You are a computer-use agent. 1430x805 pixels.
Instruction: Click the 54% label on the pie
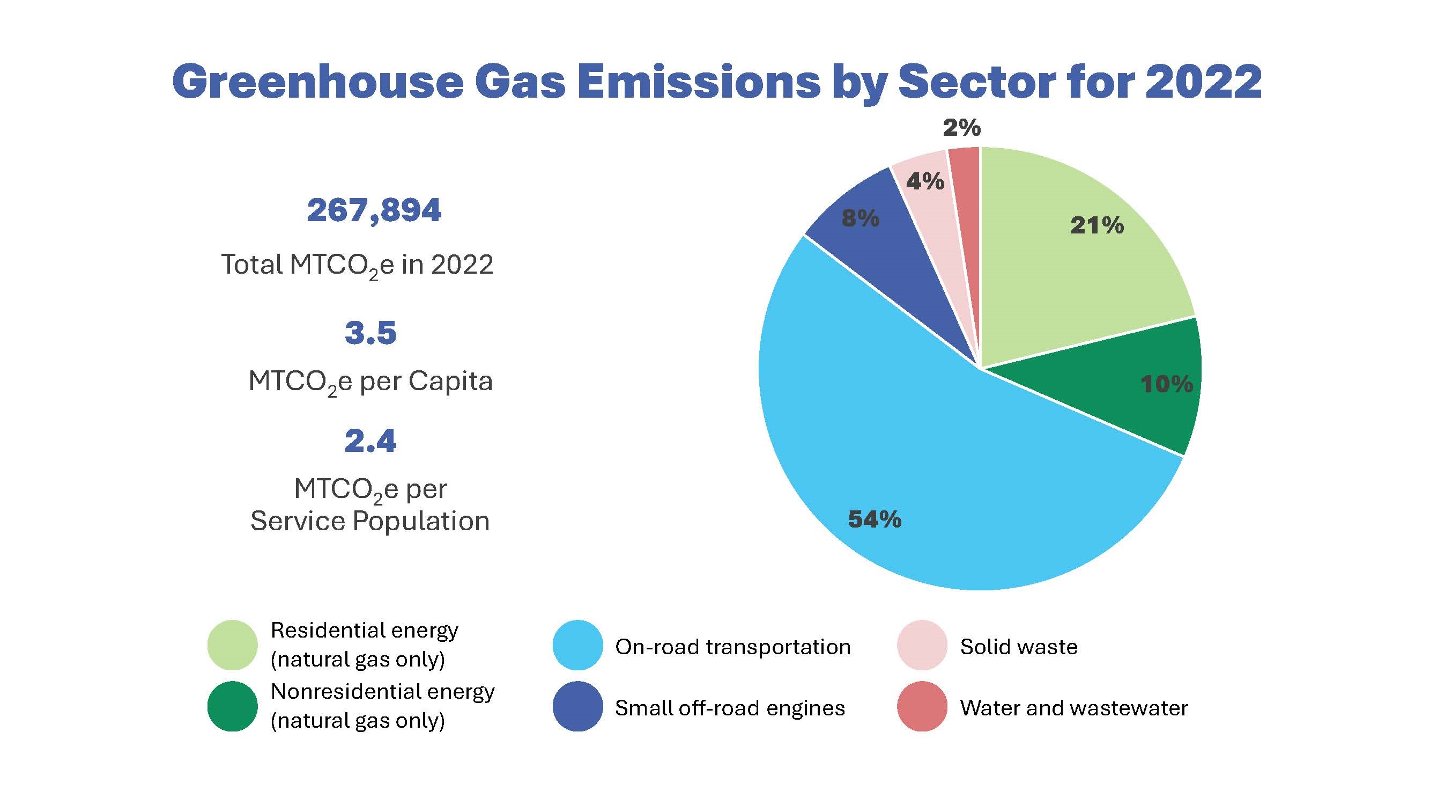coord(875,519)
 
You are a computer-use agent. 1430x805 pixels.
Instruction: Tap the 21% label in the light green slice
coord(1097,225)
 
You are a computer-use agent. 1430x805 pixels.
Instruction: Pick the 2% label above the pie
coord(961,128)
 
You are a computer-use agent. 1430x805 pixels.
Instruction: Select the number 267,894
coord(374,210)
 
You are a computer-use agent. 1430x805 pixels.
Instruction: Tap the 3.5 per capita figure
coord(371,333)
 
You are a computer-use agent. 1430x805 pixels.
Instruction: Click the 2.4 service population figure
coord(371,441)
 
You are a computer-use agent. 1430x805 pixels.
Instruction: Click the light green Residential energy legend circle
coord(232,645)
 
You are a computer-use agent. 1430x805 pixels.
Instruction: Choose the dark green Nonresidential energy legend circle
coord(232,706)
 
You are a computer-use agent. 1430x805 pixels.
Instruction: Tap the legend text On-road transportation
coord(733,647)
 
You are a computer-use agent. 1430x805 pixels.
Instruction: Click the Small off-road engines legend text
coord(729,708)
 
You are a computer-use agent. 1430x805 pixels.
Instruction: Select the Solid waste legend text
coord(1019,647)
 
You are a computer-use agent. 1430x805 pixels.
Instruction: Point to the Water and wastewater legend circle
coord(922,706)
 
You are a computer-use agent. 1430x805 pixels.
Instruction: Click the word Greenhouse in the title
coord(317,82)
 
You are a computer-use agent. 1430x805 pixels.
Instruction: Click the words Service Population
coord(370,521)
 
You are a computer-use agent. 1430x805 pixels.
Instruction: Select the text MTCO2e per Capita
coord(371,382)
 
